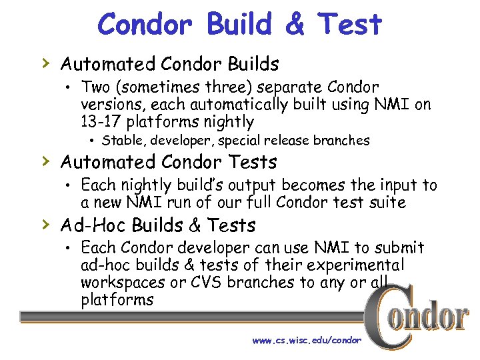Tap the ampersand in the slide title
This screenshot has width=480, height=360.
click(294, 25)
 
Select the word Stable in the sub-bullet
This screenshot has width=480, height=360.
click(124, 141)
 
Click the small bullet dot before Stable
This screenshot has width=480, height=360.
click(93, 141)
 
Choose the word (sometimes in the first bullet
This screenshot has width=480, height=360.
click(151, 87)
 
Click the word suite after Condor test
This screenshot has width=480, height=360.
click(385, 202)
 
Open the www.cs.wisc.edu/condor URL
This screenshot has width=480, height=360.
click(307, 340)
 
